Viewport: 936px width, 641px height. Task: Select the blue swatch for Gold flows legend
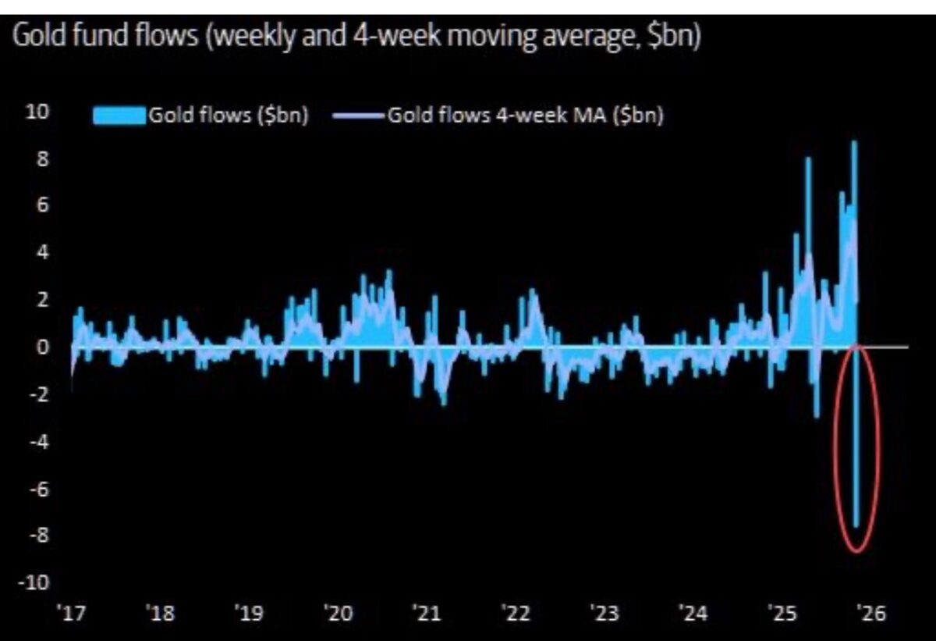tap(119, 116)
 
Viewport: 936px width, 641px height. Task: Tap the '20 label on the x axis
tap(338, 614)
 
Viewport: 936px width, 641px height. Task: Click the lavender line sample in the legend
tap(359, 116)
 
